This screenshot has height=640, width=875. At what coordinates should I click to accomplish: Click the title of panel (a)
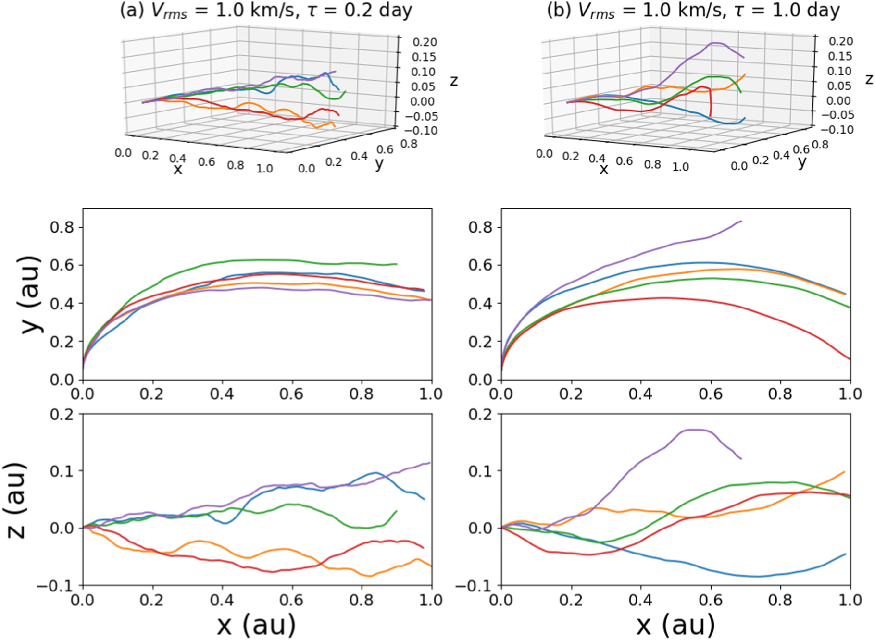[x=266, y=11]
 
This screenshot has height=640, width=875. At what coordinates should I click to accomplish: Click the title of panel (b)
[x=693, y=11]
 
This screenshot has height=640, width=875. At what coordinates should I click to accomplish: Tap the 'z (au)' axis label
[x=17, y=500]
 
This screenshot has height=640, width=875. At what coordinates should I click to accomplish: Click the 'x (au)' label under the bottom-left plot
[x=256, y=625]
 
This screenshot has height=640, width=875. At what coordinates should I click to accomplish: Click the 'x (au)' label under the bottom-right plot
[x=675, y=625]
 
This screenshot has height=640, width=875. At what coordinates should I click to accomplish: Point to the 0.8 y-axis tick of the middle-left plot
[x=62, y=227]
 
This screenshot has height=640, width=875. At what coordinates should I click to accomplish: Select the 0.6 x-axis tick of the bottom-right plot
[x=711, y=600]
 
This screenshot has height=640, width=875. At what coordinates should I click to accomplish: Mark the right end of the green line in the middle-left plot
[x=397, y=264]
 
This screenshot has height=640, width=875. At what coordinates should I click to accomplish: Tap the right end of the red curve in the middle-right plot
[x=850, y=359]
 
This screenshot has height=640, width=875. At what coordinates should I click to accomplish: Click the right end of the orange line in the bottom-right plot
[x=845, y=472]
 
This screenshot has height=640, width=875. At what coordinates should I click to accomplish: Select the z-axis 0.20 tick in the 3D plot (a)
[x=425, y=42]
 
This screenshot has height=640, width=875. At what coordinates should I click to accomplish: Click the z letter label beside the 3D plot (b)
[x=868, y=79]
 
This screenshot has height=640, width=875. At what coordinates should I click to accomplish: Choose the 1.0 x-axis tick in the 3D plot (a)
[x=264, y=169]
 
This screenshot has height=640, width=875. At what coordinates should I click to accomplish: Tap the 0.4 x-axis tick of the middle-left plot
[x=222, y=394]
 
